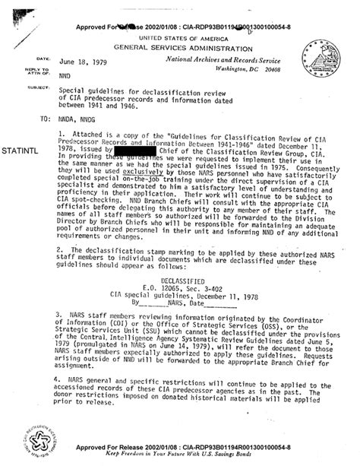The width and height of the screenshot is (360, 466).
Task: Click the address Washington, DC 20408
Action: (x=257, y=68)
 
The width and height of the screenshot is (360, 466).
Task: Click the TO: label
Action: (x=37, y=119)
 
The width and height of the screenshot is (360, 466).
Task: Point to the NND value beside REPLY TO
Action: (x=65, y=76)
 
